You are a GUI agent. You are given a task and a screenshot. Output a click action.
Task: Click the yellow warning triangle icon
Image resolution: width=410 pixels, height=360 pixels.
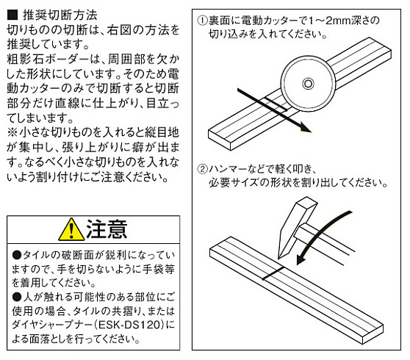(x=71, y=230)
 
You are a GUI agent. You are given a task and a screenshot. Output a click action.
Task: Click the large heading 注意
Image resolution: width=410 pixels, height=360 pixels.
(x=107, y=229)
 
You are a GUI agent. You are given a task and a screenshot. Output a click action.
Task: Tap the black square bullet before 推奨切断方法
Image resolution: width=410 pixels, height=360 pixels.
(x=12, y=15)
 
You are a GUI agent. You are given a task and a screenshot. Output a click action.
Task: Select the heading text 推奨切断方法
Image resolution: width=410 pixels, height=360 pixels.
(x=60, y=15)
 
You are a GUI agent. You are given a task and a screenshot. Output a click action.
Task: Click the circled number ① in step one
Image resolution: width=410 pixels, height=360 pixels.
(x=202, y=21)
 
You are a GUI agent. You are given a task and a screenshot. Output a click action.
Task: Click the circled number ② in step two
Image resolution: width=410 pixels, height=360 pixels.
(x=202, y=169)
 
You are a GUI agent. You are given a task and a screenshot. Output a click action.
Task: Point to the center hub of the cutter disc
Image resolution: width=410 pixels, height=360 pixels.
(x=308, y=84)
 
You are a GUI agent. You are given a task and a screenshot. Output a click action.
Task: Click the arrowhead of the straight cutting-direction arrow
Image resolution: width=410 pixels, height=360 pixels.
(x=306, y=128)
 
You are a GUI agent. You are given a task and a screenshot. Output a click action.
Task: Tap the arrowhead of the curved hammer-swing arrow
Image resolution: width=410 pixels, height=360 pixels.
(x=301, y=259)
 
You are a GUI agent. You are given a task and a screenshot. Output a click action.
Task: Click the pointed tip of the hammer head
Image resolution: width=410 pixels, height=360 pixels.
(x=279, y=258)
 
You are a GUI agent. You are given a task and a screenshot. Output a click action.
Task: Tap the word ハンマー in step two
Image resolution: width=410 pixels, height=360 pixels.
(x=228, y=169)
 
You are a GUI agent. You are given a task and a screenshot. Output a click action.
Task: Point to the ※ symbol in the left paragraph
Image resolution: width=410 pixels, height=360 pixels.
(x=12, y=132)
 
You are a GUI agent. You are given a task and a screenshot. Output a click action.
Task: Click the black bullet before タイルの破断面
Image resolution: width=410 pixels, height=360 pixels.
(x=17, y=255)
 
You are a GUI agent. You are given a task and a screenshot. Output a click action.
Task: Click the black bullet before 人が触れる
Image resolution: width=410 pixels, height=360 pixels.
(x=17, y=297)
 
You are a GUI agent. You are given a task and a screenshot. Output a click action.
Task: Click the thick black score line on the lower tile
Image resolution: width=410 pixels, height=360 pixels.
(x=273, y=273)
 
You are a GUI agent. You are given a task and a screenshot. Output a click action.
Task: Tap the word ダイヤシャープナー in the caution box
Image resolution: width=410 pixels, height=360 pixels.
(x=52, y=325)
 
